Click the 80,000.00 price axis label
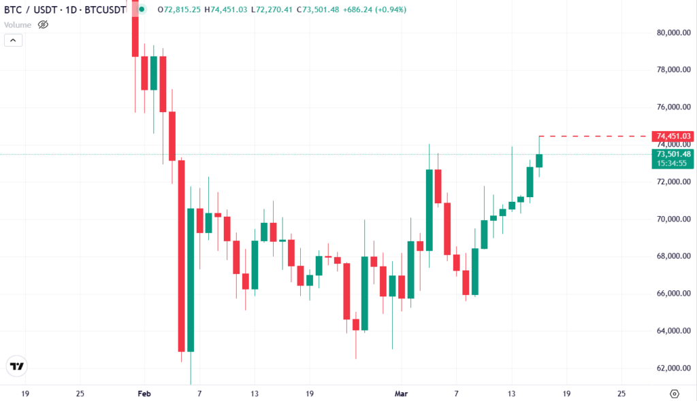[674, 33]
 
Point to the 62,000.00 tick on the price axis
[674, 368]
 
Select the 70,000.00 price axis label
[674, 220]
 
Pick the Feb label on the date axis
[144, 394]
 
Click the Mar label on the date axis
[401, 394]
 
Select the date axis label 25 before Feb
[81, 394]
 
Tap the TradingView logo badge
[16, 366]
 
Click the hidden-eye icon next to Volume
[43, 24]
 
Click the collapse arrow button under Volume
[13, 40]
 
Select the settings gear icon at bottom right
[674, 394]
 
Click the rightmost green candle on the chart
[539, 160]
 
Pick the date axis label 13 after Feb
[254, 394]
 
